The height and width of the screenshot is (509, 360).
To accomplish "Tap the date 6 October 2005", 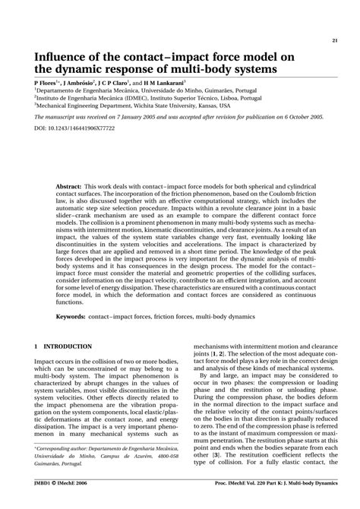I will [x=301, y=118].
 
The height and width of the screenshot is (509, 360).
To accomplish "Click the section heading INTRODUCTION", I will [x=68, y=346].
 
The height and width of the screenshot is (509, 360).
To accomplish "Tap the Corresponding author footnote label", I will [x=65, y=470].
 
